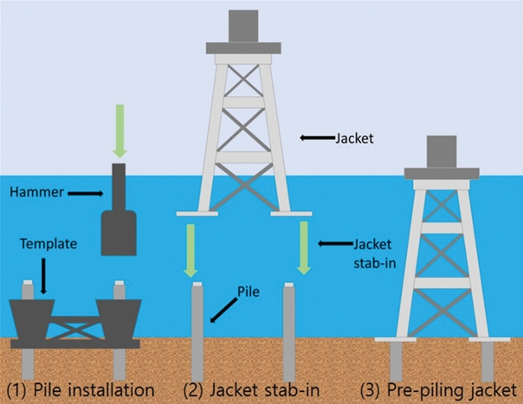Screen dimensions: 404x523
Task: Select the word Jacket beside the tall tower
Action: point(352,137)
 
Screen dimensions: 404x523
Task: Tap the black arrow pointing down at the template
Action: point(40,275)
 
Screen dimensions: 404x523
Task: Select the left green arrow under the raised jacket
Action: point(188,248)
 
